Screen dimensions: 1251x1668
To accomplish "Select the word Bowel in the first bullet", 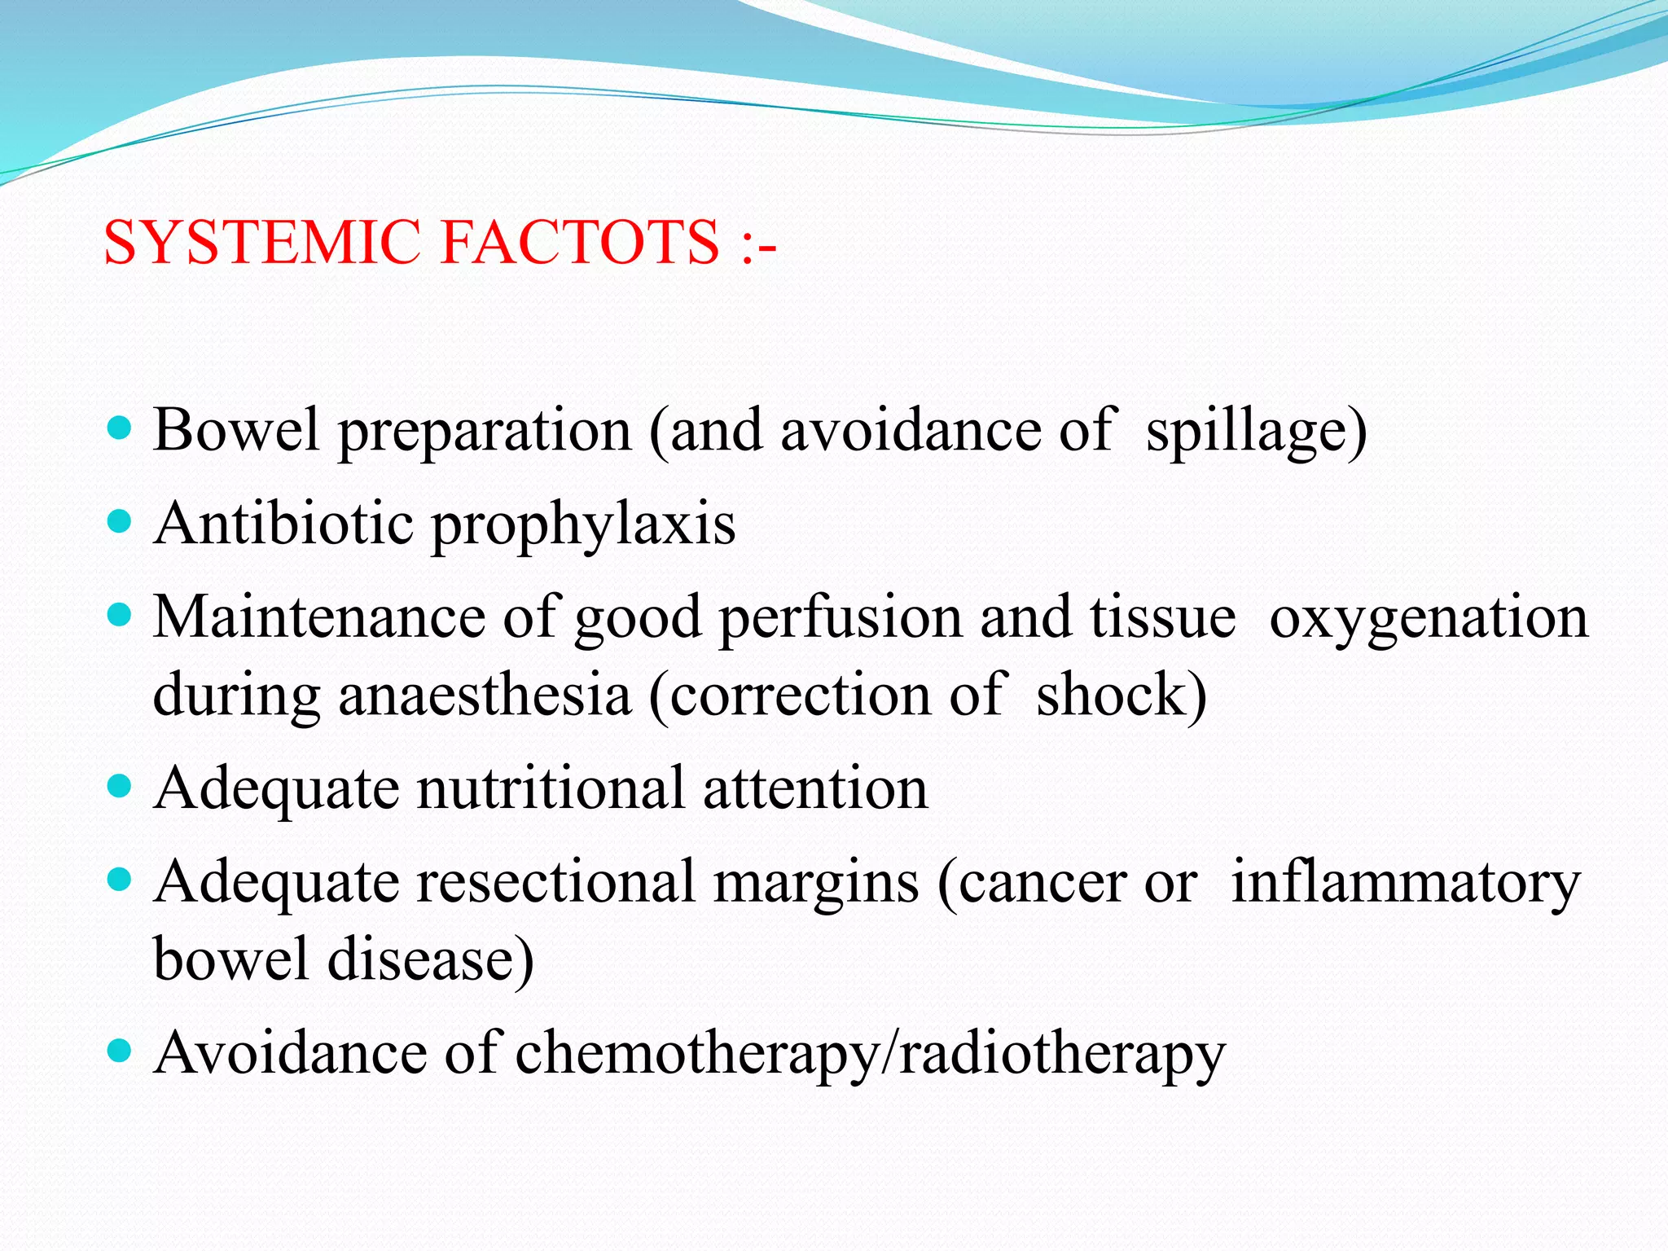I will (236, 429).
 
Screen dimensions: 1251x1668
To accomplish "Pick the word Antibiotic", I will (283, 523).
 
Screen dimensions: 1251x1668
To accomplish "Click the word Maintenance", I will (319, 617).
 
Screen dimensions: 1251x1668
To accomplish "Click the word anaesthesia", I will (484, 695).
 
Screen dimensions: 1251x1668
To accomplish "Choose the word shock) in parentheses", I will (1122, 695).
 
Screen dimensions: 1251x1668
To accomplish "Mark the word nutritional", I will (551, 788).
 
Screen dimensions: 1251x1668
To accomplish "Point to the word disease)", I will (431, 959).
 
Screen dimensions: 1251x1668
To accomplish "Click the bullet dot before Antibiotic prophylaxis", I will (120, 520).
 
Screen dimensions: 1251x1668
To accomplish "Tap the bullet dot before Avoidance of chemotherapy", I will (120, 1051).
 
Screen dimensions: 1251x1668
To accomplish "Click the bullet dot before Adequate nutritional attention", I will (120, 786).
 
